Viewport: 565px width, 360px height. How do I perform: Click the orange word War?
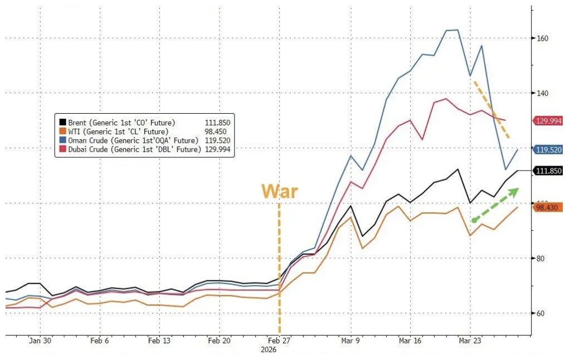click(x=280, y=192)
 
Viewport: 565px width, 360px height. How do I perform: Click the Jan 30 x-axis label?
click(x=40, y=341)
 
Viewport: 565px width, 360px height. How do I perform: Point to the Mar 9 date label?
click(x=350, y=341)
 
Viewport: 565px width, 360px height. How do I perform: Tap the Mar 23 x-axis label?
click(x=470, y=341)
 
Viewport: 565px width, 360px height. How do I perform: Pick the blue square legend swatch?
click(x=62, y=140)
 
